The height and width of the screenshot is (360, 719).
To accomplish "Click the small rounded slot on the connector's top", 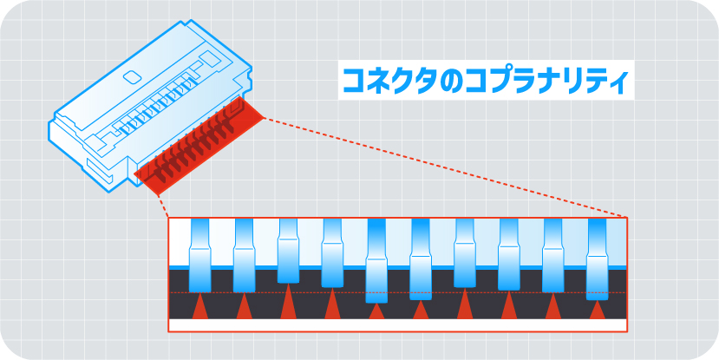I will coord(133,77).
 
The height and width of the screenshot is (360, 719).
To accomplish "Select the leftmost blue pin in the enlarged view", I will coord(200,256).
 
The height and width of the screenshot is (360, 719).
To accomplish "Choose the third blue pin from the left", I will coord(289,252).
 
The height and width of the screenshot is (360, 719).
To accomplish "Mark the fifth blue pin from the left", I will coord(376,260).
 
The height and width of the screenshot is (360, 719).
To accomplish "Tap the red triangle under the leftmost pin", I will coord(199,308).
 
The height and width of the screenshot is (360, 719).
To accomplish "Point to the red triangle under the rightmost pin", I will coord(597,311).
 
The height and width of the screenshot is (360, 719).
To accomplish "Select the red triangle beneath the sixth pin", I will coord(421,311).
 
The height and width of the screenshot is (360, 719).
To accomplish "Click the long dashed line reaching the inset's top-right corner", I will coord(442,166).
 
